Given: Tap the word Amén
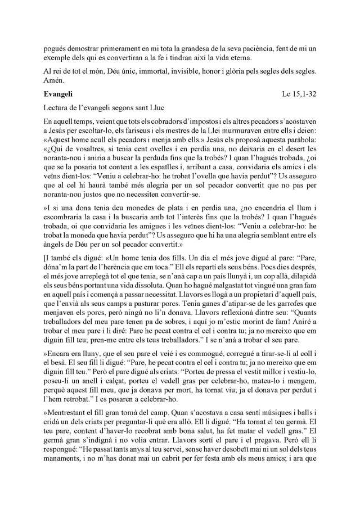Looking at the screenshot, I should (55, 82).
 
